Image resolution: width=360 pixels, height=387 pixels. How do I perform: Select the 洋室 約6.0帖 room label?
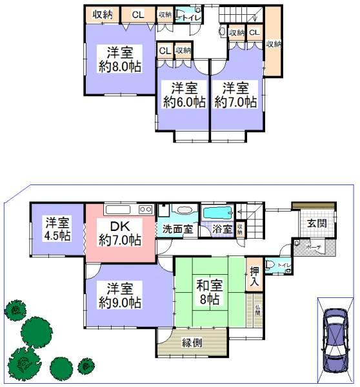184,95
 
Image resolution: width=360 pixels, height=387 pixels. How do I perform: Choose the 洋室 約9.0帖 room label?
120,293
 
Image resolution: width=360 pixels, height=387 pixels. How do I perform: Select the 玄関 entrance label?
316,223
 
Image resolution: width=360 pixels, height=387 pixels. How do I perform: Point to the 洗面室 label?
177,228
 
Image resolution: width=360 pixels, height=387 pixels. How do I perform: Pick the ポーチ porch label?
314,247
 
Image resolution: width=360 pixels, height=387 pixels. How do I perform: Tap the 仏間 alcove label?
257,310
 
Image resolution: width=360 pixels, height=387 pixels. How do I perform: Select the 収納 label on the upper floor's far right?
273,44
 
